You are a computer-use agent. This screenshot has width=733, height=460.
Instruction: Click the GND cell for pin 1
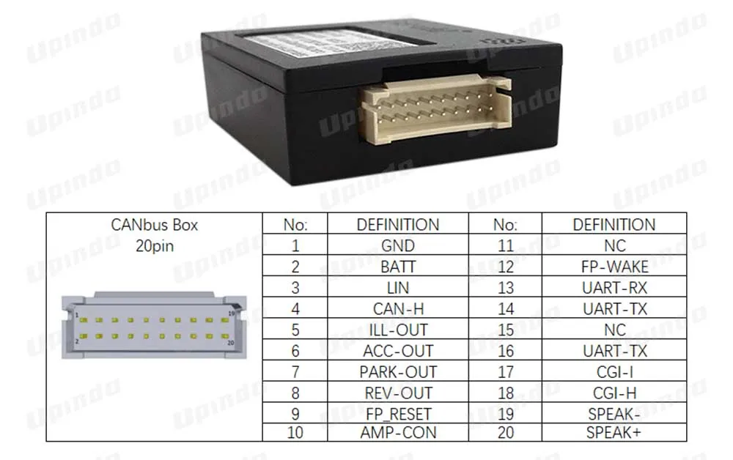[398, 246]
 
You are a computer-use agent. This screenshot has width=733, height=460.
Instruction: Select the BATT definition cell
[398, 267]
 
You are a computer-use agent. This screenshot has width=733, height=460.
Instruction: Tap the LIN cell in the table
[398, 288]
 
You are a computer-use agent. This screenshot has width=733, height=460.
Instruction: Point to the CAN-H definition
[398, 309]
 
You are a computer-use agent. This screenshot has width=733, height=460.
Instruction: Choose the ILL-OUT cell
[398, 330]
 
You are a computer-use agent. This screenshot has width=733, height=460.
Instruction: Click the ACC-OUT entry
[398, 351]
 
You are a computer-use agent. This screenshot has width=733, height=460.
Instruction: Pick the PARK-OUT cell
[398, 372]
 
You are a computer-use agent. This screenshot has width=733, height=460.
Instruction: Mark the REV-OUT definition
[398, 393]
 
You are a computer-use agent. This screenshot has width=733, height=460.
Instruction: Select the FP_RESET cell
[398, 414]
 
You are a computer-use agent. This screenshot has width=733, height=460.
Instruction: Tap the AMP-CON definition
[398, 432]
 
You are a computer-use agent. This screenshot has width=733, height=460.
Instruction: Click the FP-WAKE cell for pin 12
[614, 267]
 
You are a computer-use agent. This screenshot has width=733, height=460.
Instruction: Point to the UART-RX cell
[614, 288]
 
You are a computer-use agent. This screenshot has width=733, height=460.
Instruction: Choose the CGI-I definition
[614, 372]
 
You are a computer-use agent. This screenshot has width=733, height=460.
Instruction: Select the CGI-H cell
[614, 393]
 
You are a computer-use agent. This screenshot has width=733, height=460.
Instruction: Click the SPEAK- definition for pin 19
[614, 414]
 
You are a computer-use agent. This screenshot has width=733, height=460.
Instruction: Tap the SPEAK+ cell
[614, 432]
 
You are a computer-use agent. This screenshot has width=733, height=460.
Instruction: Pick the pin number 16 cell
[506, 351]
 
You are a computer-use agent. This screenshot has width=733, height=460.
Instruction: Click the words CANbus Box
[155, 225]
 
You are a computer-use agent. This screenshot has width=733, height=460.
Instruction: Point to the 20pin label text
[155, 246]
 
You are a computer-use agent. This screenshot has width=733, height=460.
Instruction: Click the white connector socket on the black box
[437, 108]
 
